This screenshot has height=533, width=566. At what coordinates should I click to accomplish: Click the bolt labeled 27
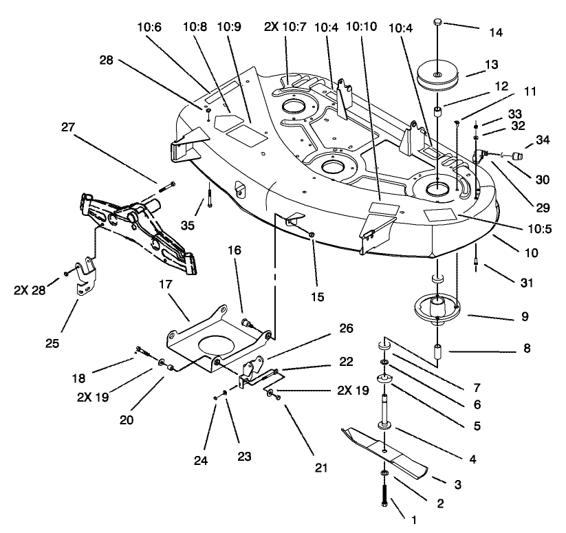[x=167, y=185]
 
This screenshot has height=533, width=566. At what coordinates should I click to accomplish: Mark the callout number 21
[x=320, y=468]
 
